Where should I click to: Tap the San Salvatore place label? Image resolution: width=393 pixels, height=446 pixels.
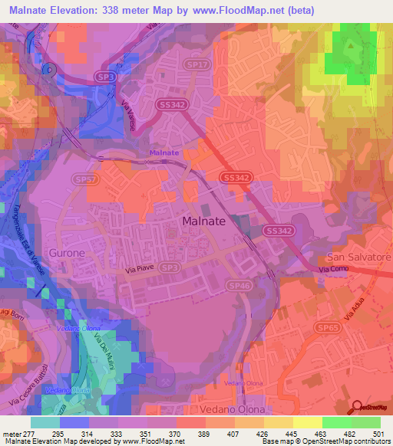tap(359, 257)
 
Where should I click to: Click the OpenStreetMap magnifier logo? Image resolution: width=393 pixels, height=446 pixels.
tap(358, 406)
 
